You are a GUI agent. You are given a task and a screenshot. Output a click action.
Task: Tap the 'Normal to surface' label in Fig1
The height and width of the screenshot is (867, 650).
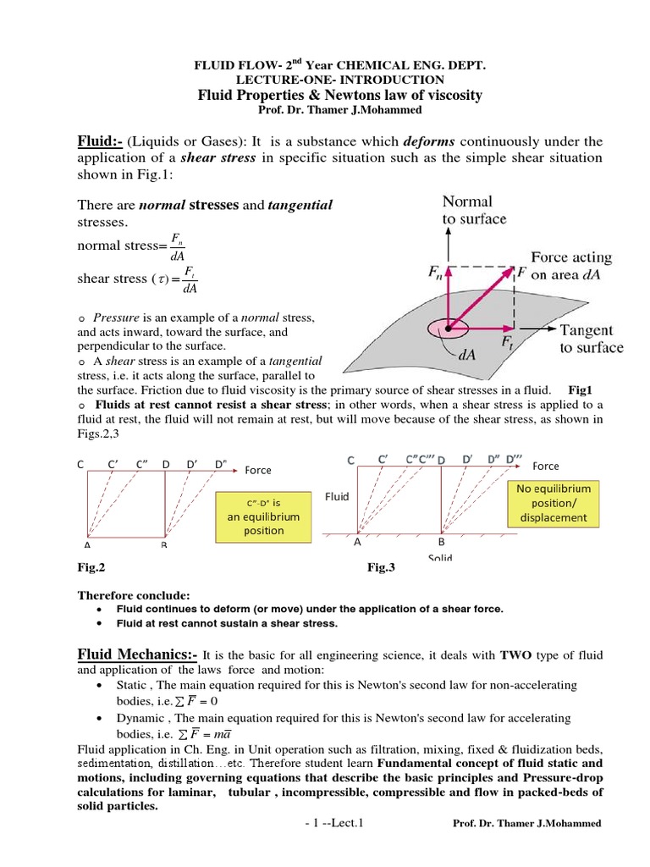pos(474,210)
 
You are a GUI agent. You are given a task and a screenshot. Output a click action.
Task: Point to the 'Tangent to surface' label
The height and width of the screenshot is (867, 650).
pos(591,339)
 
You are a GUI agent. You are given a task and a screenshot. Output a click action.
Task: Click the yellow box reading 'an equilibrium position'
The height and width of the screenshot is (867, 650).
pos(263,516)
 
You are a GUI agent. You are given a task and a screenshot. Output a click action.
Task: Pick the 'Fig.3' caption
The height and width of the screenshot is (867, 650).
pos(381,568)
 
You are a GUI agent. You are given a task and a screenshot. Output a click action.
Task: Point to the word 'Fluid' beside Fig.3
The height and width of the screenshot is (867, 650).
pos(337,496)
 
